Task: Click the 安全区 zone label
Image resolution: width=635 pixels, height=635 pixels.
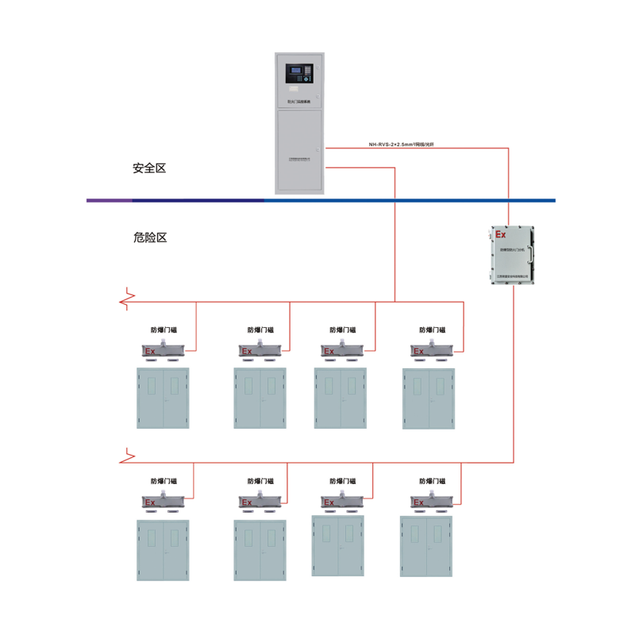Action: (149, 168)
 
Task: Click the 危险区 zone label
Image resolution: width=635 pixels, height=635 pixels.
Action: (149, 237)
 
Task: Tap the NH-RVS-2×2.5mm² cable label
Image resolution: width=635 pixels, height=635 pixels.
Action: (401, 145)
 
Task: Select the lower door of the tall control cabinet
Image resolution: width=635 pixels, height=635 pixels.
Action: (299, 151)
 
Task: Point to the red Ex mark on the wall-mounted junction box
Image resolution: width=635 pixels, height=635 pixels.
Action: (500, 235)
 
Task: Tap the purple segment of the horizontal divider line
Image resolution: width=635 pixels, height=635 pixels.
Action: (119, 200)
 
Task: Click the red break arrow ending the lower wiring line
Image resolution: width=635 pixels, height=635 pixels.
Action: (125, 456)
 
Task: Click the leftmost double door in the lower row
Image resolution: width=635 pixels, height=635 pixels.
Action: (164, 551)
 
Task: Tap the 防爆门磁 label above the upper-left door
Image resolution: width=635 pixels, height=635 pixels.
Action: (164, 329)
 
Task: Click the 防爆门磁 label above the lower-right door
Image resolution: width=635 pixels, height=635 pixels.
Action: (432, 481)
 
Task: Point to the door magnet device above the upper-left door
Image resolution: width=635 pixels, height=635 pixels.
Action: (164, 349)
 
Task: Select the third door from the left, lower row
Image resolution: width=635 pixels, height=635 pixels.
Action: (337, 545)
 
